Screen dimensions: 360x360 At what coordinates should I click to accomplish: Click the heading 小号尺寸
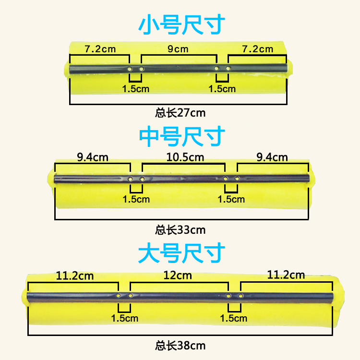coord(181,24)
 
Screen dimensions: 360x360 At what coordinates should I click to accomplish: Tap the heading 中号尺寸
coord(182,136)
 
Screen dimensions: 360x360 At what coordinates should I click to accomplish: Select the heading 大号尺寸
coord(181,253)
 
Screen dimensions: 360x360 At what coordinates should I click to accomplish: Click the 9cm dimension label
coord(178,49)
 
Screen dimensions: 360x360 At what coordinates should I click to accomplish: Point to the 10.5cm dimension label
coord(185,157)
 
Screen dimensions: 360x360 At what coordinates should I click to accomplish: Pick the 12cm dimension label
coord(178,276)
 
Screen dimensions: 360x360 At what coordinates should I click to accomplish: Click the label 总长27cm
coord(180,113)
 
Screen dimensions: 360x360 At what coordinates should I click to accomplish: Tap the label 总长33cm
coord(180,230)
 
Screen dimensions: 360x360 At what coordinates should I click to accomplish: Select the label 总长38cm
coord(180,346)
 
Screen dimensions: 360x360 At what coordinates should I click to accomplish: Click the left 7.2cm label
coord(100,49)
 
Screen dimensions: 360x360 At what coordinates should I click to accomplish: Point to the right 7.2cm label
coord(258,49)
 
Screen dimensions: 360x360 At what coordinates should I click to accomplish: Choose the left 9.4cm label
coord(93,157)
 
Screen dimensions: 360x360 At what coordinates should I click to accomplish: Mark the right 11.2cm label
coord(286,275)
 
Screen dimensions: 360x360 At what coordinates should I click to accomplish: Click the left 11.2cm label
coord(74,276)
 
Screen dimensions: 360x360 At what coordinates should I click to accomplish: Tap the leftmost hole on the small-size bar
coord(130,69)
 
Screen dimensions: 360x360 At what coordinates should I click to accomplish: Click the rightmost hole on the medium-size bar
coord(237,179)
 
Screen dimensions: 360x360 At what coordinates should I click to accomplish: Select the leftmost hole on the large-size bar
coord(118,296)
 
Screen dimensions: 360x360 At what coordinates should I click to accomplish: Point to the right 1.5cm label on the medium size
coord(231,199)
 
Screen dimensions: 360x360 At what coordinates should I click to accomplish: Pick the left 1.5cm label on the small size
coord(136,89)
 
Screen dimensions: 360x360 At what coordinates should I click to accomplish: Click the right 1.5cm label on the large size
coord(233,318)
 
